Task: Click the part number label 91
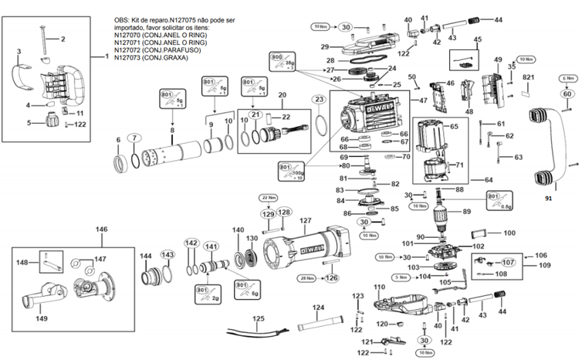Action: pos(549,199)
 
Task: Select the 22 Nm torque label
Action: pos(268,198)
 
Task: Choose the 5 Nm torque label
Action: pos(401,277)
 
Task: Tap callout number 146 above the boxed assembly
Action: pos(101,229)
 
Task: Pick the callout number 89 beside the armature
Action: pos(466,211)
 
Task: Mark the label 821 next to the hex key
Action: pos(529,78)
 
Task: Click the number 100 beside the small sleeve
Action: pos(509,233)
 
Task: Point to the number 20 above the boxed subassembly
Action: pos(282,95)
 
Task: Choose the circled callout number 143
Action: pos(167,254)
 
